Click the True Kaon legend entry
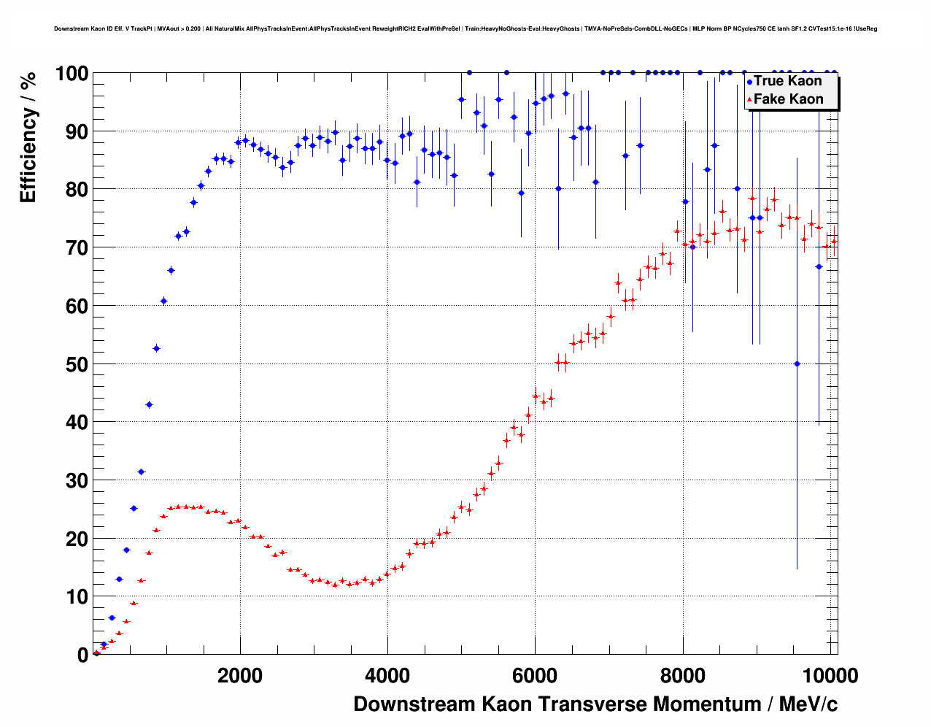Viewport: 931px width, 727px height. (x=787, y=81)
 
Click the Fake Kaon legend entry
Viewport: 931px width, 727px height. (x=788, y=99)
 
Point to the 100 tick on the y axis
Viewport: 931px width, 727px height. (x=72, y=74)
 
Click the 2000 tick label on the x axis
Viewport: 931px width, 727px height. (x=240, y=676)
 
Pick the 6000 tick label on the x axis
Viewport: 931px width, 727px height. (x=535, y=676)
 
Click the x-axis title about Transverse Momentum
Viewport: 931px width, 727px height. (x=595, y=704)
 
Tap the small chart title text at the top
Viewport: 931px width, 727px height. (x=465, y=29)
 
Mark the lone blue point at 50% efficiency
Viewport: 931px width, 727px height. (x=797, y=363)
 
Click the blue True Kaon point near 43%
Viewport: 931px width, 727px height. (x=149, y=404)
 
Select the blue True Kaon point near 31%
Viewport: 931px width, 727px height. (x=141, y=472)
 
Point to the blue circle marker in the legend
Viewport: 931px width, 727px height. (x=749, y=82)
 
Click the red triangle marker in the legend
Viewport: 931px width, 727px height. (x=749, y=100)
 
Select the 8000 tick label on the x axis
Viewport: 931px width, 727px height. (x=682, y=676)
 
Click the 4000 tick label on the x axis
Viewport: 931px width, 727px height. (x=387, y=676)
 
